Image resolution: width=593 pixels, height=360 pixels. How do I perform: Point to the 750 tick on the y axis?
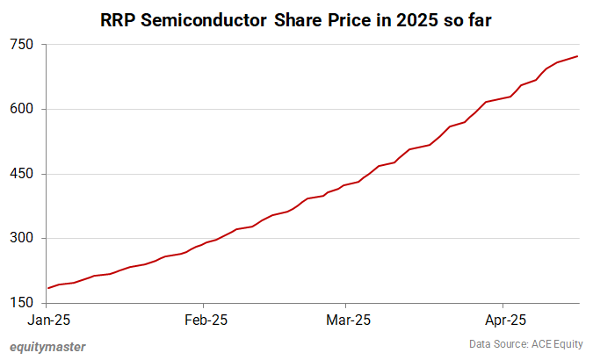(22, 45)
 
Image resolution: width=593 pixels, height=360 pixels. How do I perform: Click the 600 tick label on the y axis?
(22, 110)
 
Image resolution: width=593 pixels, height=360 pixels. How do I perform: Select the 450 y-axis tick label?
(22, 174)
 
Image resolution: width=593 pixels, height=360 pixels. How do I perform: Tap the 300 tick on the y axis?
(22, 239)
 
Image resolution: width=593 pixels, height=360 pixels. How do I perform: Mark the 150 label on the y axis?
(22, 303)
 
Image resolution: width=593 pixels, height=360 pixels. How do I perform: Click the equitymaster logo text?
(47, 347)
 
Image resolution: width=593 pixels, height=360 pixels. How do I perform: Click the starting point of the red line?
(48, 288)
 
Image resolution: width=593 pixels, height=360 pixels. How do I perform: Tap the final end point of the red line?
(577, 56)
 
